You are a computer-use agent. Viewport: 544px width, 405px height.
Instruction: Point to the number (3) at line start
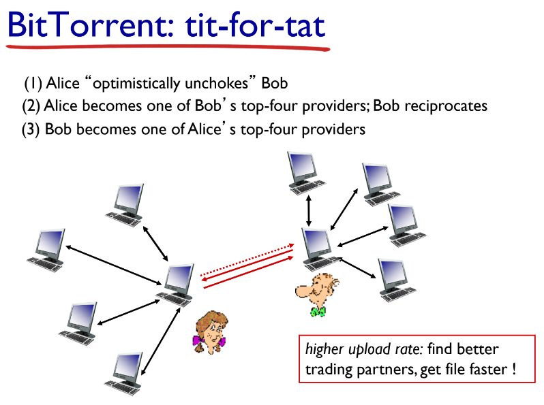click(x=31, y=129)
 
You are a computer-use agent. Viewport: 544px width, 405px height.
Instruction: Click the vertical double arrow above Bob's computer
click(x=309, y=208)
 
